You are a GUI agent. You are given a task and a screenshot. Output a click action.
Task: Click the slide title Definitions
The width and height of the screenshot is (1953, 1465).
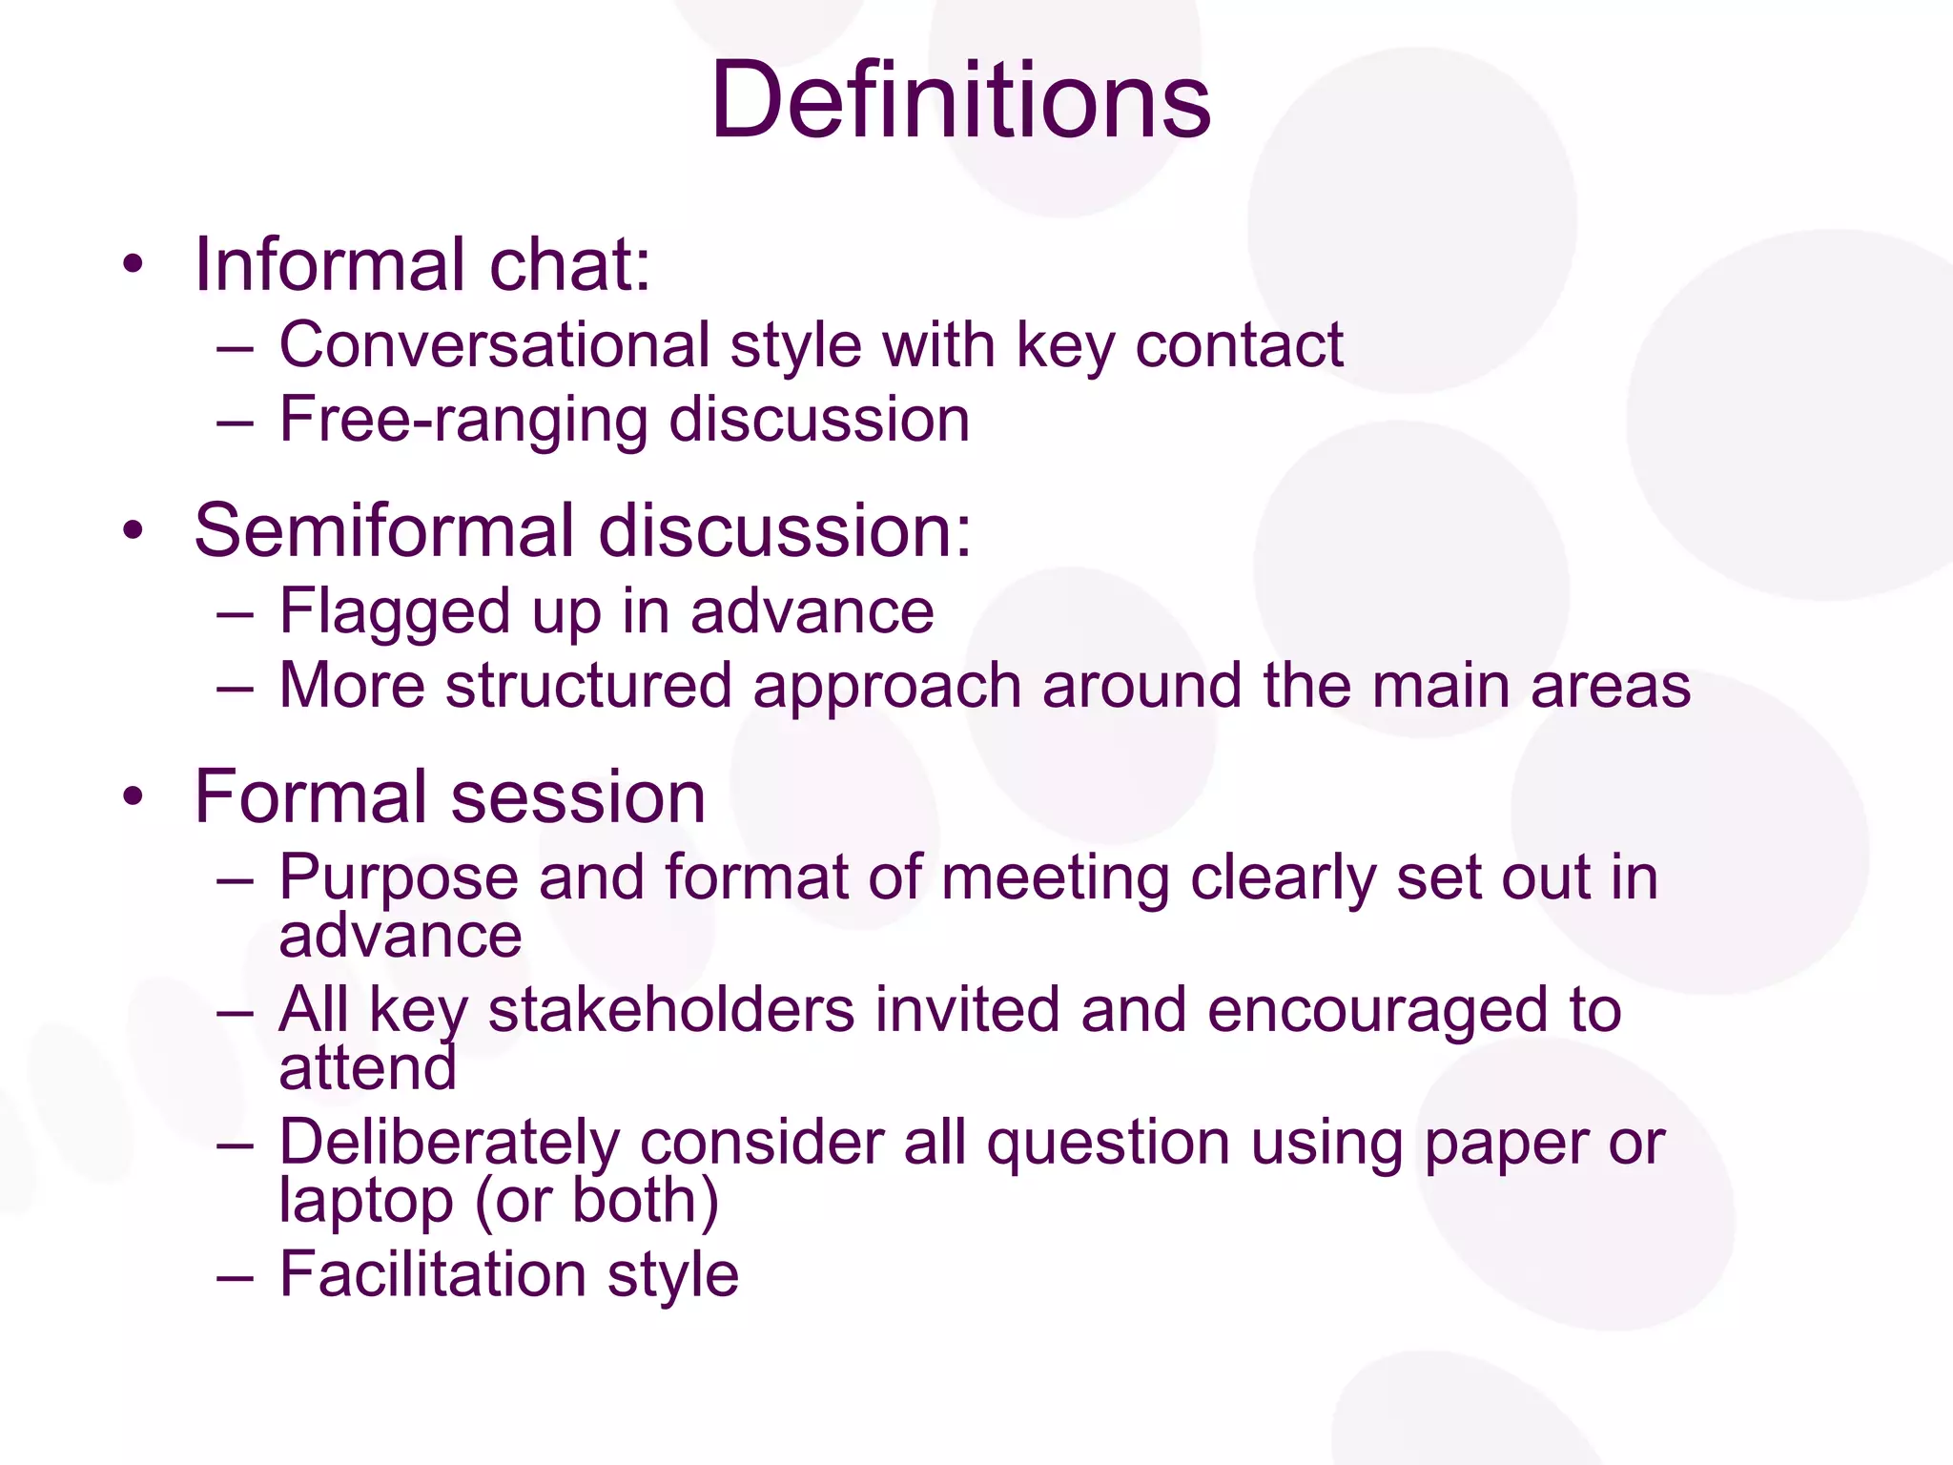(x=961, y=100)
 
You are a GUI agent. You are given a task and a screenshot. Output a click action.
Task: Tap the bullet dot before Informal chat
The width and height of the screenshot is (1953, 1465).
(x=134, y=265)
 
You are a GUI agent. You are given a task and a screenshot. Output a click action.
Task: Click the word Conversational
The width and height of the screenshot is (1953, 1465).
(x=494, y=344)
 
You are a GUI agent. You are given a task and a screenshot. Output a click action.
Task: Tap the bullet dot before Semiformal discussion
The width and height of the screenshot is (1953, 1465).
(x=134, y=531)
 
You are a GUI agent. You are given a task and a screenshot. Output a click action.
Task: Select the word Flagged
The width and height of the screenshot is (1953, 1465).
(x=395, y=612)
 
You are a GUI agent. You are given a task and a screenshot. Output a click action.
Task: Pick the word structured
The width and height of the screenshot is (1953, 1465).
(x=588, y=686)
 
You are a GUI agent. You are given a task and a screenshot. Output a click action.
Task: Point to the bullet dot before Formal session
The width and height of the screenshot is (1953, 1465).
(x=134, y=797)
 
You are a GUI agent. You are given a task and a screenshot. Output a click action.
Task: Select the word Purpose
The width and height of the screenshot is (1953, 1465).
(x=398, y=878)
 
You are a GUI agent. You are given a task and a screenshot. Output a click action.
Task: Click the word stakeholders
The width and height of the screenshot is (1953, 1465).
(x=670, y=1010)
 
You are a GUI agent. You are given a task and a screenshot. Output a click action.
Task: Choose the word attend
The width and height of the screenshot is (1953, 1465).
(x=367, y=1068)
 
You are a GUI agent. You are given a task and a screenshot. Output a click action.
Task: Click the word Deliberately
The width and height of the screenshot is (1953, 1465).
(x=449, y=1143)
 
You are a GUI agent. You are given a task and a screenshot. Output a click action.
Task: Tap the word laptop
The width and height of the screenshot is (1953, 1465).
(x=365, y=1202)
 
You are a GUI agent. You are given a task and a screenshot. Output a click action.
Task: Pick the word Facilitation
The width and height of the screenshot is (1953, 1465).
(x=432, y=1274)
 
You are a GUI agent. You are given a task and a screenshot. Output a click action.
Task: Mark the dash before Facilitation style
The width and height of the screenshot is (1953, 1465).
(x=235, y=1276)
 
